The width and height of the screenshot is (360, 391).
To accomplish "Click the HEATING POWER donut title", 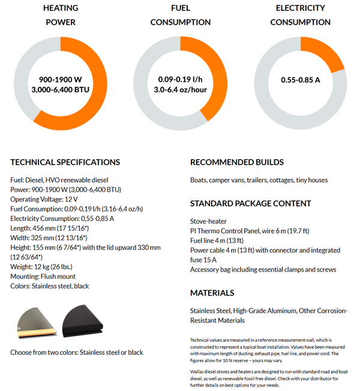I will [60, 15].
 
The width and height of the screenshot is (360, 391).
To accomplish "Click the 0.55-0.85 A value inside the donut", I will [300, 79].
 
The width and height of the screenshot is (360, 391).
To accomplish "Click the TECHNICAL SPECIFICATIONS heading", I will [65, 162].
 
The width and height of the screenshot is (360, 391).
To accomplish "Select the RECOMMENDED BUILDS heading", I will [237, 162].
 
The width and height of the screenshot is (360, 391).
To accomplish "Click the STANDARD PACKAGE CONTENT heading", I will [251, 203].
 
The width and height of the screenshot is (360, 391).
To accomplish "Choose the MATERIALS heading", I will [212, 293].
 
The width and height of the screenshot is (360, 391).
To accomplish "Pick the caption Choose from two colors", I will [77, 352].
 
